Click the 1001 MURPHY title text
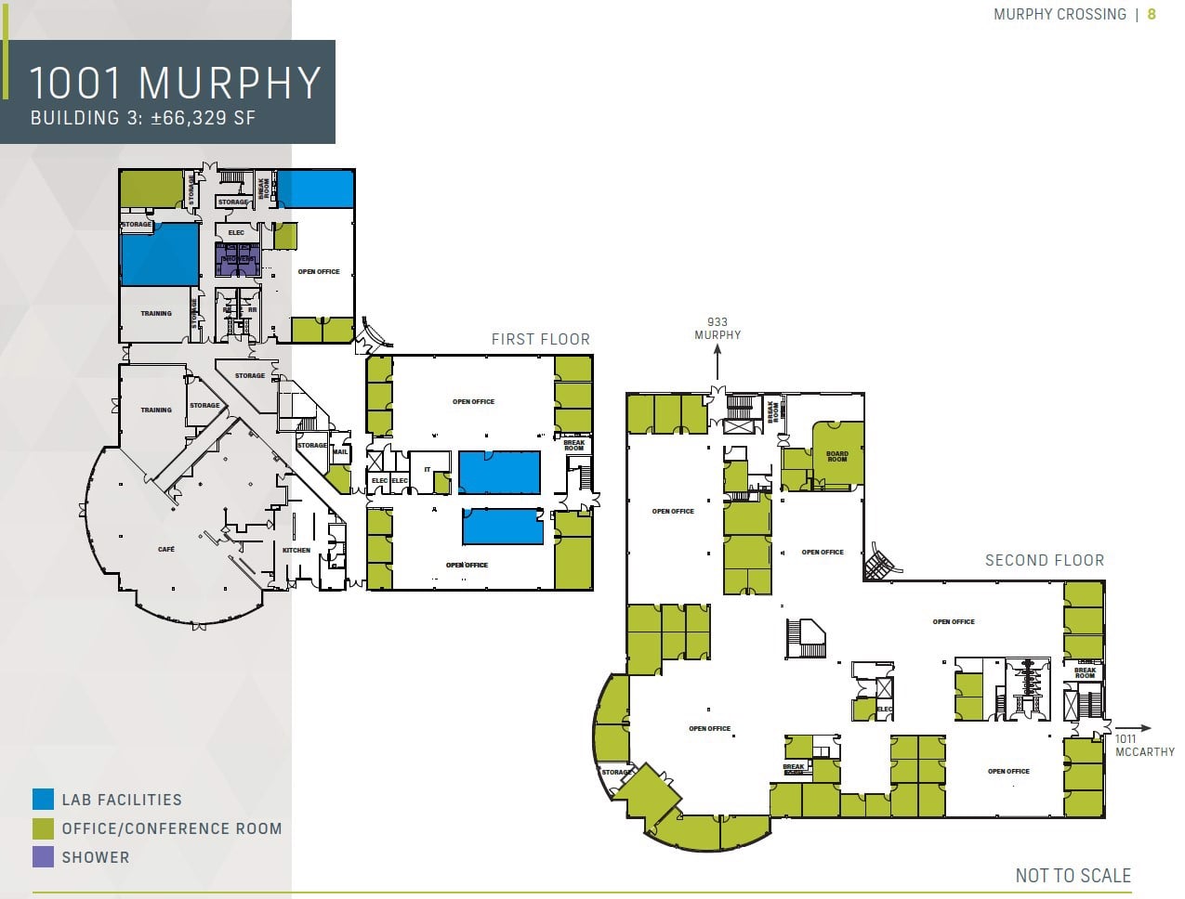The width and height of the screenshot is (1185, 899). pyautogui.click(x=175, y=83)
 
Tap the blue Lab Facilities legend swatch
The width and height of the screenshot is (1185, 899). pyautogui.click(x=43, y=800)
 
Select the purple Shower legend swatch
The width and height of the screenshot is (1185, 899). pyautogui.click(x=43, y=857)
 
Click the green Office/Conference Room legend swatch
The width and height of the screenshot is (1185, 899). pyautogui.click(x=43, y=828)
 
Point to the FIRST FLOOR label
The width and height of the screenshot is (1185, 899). pyautogui.click(x=540, y=340)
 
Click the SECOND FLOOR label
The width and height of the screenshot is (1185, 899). pyautogui.click(x=1044, y=561)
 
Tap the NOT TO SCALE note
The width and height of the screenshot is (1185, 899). pyautogui.click(x=1073, y=876)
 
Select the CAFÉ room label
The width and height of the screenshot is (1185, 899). pyautogui.click(x=166, y=550)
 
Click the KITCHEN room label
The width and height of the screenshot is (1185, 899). pyautogui.click(x=296, y=551)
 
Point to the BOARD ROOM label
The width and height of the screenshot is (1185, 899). pyautogui.click(x=836, y=457)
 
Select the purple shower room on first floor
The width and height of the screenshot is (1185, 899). pyautogui.click(x=237, y=259)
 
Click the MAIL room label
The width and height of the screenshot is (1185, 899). pyautogui.click(x=339, y=452)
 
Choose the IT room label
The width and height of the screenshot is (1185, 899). pyautogui.click(x=428, y=470)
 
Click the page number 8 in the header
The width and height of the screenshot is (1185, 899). pyautogui.click(x=1152, y=14)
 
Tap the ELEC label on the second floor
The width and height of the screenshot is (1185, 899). pyautogui.click(x=884, y=710)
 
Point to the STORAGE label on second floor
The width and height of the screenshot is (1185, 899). pyautogui.click(x=615, y=773)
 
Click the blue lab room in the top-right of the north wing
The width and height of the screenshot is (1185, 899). pyautogui.click(x=316, y=189)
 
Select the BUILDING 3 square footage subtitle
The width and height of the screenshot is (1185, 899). pyautogui.click(x=142, y=119)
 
